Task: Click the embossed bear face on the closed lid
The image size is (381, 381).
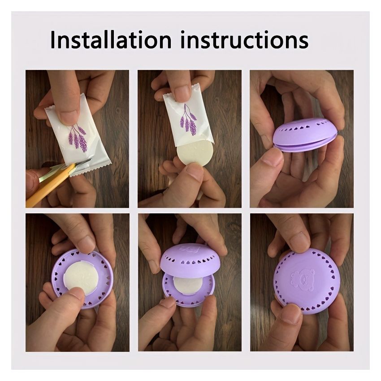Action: pos(302,280)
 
